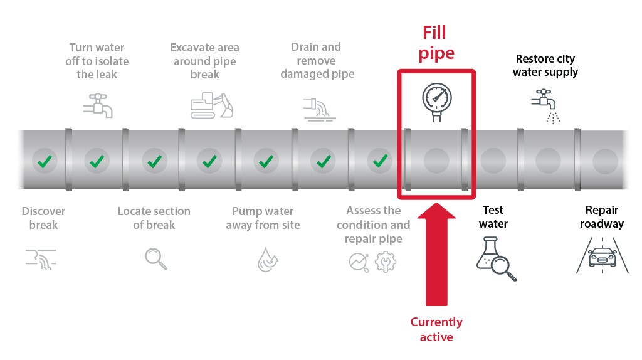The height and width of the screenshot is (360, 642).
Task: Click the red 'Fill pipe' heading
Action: pos(437,43)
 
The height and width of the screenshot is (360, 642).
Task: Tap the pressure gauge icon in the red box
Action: pos(437,100)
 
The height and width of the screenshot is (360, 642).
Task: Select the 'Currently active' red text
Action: pos(436,329)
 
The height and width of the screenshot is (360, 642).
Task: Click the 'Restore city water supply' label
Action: pos(545,65)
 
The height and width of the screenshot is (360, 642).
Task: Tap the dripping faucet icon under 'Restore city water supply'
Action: pos(545,105)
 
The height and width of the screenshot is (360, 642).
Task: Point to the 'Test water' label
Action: pos(493,216)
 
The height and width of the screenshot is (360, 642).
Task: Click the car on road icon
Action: pos(603,257)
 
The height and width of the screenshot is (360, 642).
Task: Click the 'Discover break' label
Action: pos(43,218)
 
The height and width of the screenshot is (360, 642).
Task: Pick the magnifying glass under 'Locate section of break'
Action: pos(155,258)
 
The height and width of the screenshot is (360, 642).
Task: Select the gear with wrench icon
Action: pos(386,261)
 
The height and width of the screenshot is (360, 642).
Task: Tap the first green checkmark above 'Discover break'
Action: pos(44,161)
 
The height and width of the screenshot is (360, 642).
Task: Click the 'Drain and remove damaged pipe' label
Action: pos(317,60)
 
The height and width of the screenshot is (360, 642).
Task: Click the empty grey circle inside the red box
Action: pos(436,161)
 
